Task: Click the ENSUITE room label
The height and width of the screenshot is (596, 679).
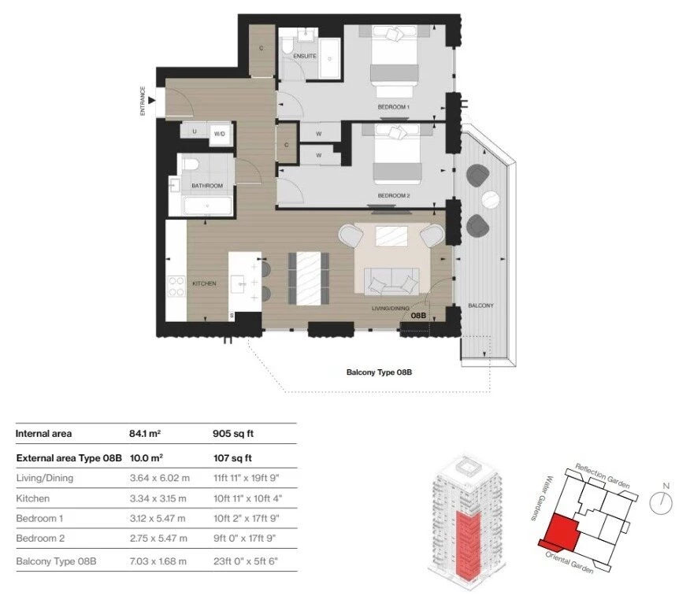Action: coord(304,56)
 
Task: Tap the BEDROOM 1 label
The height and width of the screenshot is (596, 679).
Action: coord(393,107)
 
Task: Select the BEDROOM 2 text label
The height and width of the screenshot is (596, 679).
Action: coord(394,195)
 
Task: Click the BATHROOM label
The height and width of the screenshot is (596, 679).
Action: coord(207,186)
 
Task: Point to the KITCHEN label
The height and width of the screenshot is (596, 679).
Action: coord(204,283)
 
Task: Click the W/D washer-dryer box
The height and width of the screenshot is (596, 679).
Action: coord(220,134)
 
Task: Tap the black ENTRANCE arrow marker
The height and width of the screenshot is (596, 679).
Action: coord(151,101)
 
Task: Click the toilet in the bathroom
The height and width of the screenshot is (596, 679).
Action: coord(191,164)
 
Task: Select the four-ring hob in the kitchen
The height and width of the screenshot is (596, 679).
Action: coord(176,287)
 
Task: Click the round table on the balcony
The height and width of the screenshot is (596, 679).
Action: coord(491,200)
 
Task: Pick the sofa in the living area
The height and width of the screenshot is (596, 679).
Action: coord(391,280)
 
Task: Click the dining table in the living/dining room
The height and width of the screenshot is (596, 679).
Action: coord(308,278)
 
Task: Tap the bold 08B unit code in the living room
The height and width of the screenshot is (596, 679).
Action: coord(418,316)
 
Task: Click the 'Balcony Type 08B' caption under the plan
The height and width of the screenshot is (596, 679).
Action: coord(379,372)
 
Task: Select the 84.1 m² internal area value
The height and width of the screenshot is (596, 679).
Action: coord(145,434)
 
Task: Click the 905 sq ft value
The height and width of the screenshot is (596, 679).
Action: coord(233,434)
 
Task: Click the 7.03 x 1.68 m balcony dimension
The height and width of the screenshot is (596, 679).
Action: coord(158,561)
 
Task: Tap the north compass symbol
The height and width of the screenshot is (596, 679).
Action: coord(661,502)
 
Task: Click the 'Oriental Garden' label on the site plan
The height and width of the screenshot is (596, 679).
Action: coord(569,563)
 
